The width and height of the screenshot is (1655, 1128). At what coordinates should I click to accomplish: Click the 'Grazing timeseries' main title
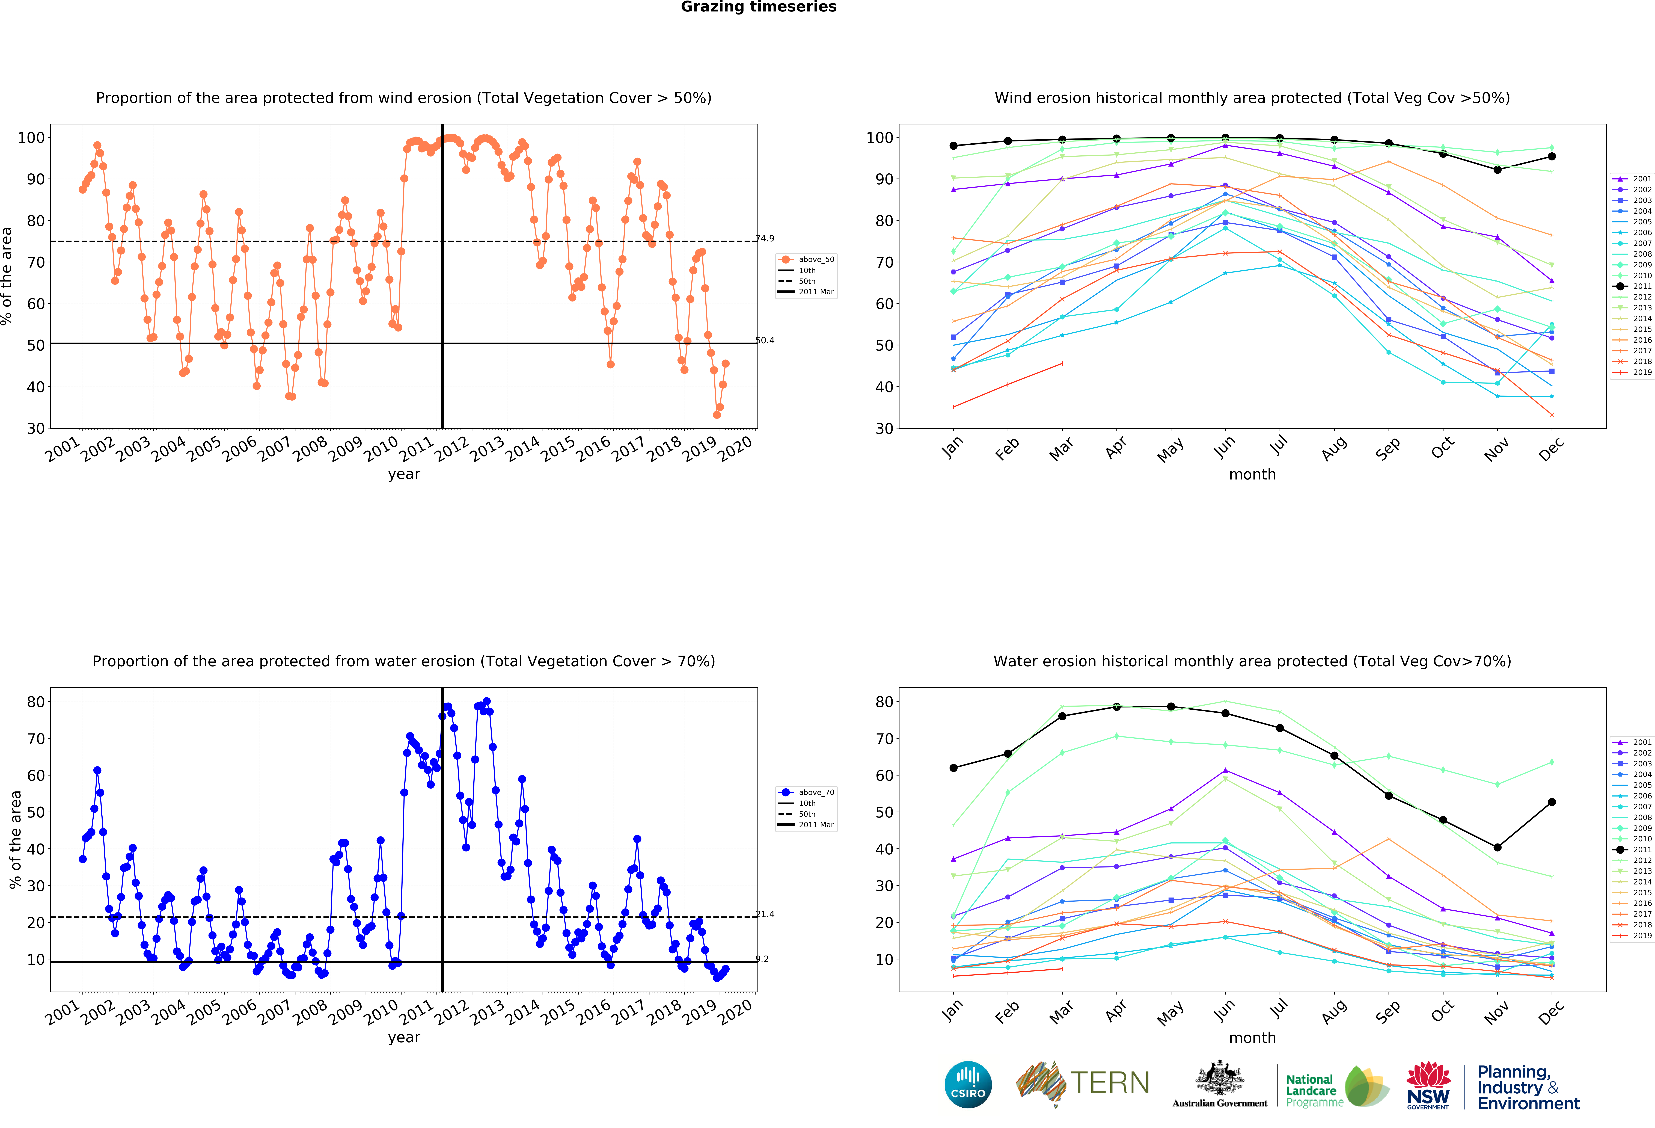(x=758, y=7)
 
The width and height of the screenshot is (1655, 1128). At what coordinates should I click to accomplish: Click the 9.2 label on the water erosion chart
(x=762, y=959)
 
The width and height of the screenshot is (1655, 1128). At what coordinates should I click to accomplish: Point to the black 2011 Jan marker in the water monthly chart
(x=953, y=768)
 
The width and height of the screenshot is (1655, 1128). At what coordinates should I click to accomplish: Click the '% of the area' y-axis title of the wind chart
(x=7, y=276)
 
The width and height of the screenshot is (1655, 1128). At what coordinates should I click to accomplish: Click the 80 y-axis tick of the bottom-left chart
(x=36, y=702)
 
